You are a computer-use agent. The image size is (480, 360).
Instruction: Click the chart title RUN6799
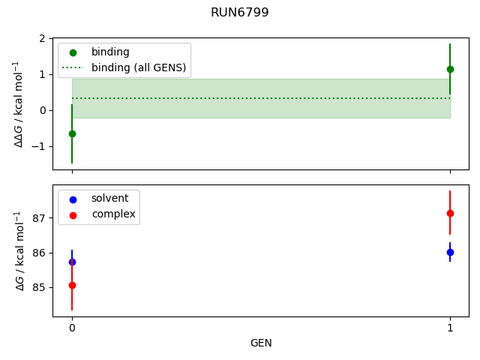240,13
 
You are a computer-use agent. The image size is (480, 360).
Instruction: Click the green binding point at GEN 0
72,133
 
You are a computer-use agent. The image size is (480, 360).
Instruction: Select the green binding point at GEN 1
450,69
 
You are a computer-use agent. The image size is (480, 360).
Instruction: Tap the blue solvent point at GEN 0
72,262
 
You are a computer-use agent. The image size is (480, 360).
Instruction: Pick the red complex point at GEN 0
72,285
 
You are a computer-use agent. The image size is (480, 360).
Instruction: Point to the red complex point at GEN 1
450,213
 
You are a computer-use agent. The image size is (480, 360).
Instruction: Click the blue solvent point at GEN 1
450,252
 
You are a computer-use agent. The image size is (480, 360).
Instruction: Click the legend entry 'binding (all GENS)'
139,67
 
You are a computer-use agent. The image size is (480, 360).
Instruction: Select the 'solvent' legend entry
109,199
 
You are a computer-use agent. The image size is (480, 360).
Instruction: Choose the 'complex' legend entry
113,214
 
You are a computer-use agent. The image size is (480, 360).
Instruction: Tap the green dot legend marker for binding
73,52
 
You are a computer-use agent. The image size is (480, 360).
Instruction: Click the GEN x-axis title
261,343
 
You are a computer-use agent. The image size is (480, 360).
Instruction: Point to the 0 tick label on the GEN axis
72,328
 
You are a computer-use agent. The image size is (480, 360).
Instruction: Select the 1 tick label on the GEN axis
450,328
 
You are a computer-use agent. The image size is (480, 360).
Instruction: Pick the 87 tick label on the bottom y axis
39,218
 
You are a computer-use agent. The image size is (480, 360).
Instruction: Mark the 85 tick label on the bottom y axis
39,287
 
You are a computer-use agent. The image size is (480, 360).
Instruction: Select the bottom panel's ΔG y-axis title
18,250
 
